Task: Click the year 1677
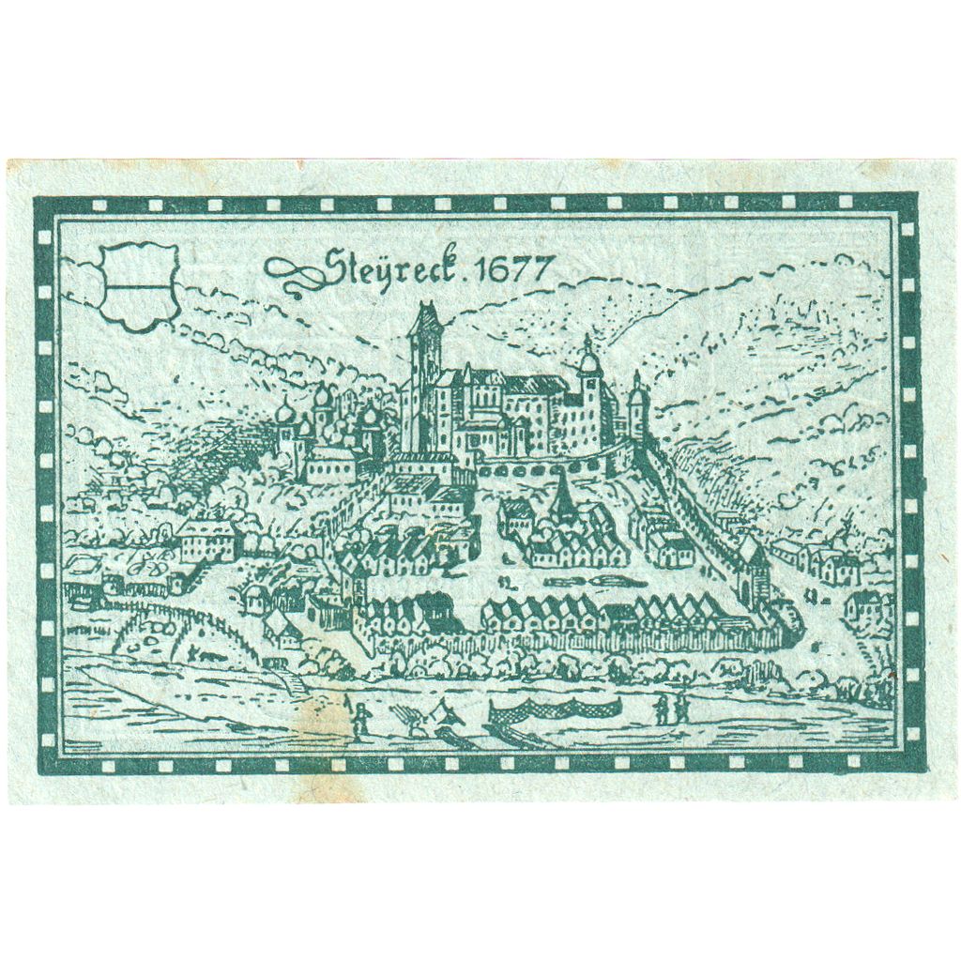coord(512,269)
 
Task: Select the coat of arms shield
coord(139,285)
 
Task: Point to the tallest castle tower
coord(423,375)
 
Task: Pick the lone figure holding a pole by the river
coord(360,719)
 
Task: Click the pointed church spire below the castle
coord(563,497)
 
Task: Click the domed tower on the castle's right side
coord(588,394)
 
